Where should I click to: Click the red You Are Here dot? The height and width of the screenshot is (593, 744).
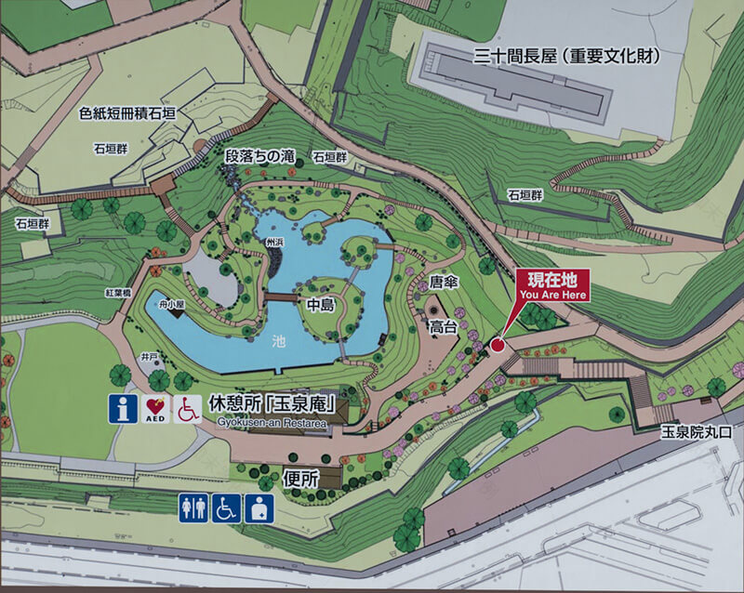pyautogui.click(x=497, y=345)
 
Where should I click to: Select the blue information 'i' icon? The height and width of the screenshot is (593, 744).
pyautogui.click(x=120, y=409)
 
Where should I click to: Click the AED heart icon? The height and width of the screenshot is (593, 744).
pyautogui.click(x=153, y=409)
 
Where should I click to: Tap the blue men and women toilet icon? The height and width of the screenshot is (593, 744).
pyautogui.click(x=193, y=507)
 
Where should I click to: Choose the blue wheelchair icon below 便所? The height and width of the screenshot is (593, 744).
pyautogui.click(x=226, y=507)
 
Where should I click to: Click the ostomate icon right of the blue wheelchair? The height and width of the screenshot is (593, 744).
pyautogui.click(x=259, y=507)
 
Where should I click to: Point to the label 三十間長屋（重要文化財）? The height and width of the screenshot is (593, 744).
pyautogui.click(x=566, y=57)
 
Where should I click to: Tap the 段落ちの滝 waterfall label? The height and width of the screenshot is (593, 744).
pyautogui.click(x=259, y=155)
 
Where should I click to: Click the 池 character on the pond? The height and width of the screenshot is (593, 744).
pyautogui.click(x=279, y=342)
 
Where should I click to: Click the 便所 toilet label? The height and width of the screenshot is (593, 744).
pyautogui.click(x=298, y=480)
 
